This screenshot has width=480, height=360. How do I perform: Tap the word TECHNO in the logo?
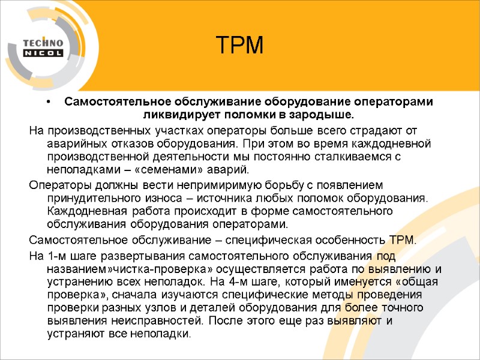point(43,43)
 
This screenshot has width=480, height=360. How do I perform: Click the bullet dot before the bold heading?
point(49,102)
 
